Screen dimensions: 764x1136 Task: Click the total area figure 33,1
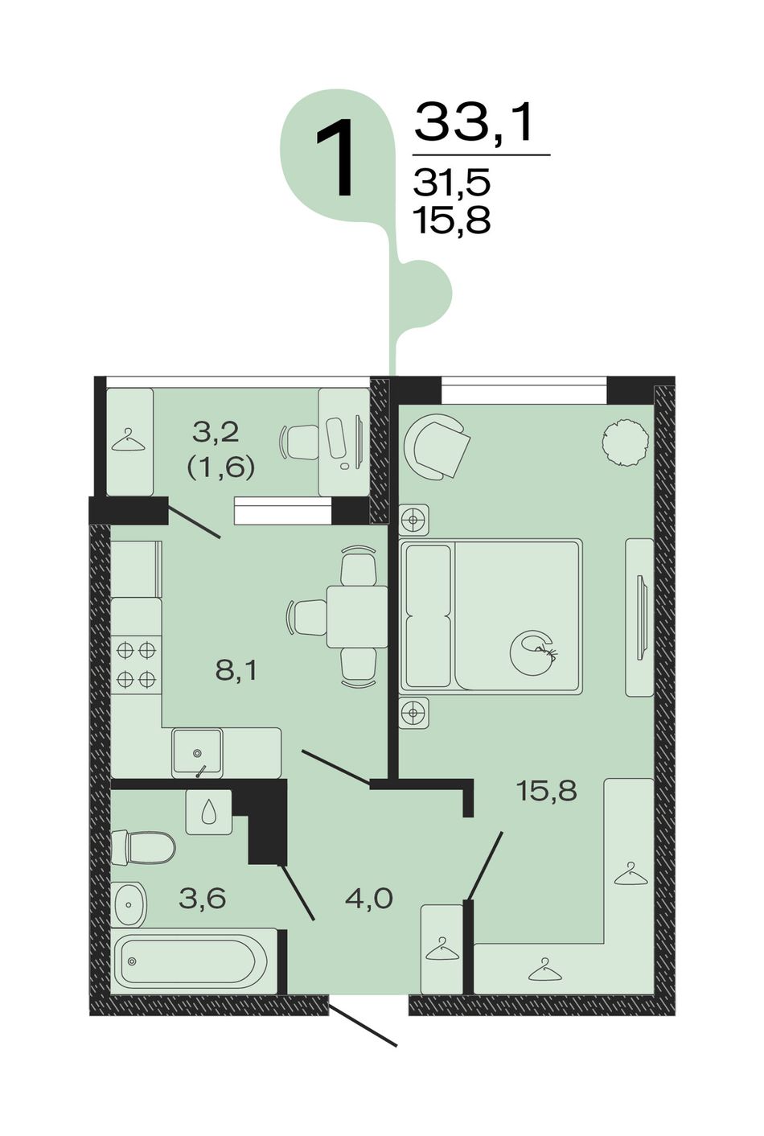(x=474, y=123)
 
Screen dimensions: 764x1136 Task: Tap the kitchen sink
(x=197, y=752)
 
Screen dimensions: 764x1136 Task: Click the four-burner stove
(x=136, y=665)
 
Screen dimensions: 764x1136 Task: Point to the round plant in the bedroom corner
(x=626, y=441)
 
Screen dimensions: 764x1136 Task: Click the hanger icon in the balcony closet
(x=128, y=440)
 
